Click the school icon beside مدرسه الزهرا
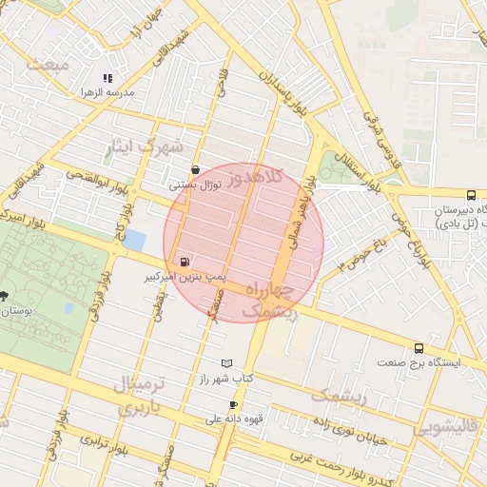pyautogui.click(x=107, y=78)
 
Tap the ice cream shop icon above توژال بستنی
pyautogui.click(x=196, y=170)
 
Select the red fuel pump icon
pyautogui.click(x=184, y=261)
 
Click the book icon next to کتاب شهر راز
pyautogui.click(x=225, y=363)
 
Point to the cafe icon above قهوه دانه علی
pyautogui.click(x=233, y=405)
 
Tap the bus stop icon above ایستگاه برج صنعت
pyautogui.click(x=419, y=348)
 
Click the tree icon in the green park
pyautogui.click(x=5, y=296)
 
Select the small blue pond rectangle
pyautogui.click(x=135, y=239)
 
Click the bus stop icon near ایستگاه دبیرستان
pyautogui.click(x=472, y=194)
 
